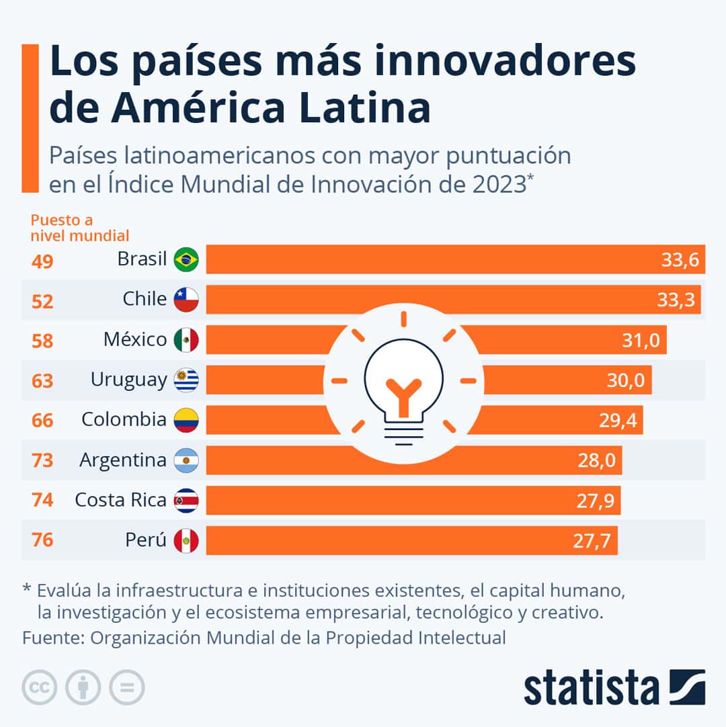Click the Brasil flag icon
tap(186, 259)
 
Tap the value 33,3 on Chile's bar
tap(676, 300)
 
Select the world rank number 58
tap(42, 341)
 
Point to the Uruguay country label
tap(128, 380)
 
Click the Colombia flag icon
tap(186, 421)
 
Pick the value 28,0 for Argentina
tap(596, 461)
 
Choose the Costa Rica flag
tap(186, 501)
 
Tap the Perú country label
tap(146, 540)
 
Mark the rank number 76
tap(42, 540)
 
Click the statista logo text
tap(592, 689)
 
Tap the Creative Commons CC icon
tap(39, 687)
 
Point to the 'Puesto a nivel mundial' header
tap(80, 228)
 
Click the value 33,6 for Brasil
tap(680, 260)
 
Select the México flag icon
tap(186, 340)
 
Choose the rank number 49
tap(42, 261)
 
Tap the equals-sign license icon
tap(127, 687)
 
